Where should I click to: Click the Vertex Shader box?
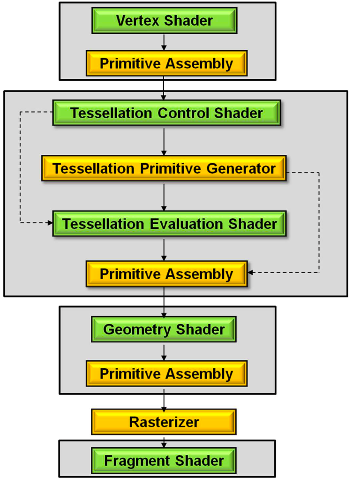(x=164, y=21)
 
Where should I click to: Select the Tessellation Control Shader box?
(x=166, y=113)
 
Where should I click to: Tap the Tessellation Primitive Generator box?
(x=164, y=168)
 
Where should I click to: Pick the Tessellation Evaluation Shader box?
(x=169, y=224)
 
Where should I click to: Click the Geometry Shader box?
(x=164, y=329)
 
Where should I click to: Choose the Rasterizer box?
(x=164, y=422)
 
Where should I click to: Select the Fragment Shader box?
(x=164, y=460)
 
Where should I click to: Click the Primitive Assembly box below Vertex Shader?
(x=166, y=64)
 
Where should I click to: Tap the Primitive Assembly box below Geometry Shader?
(x=166, y=374)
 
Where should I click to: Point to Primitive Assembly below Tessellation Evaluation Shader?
(x=166, y=274)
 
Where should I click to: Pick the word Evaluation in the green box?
(x=191, y=224)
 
